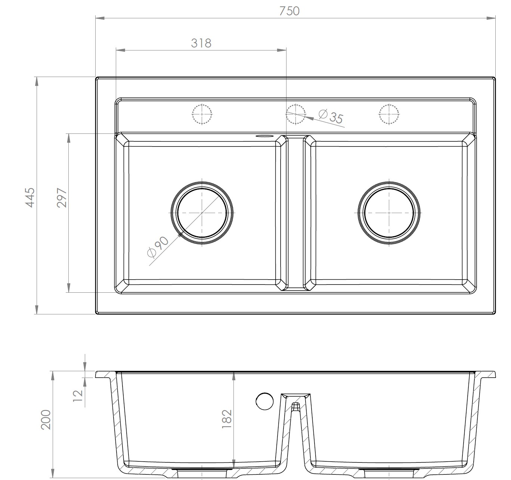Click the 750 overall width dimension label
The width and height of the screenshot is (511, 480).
[289, 11]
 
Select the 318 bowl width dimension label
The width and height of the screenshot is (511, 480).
[201, 43]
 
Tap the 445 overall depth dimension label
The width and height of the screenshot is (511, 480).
[30, 197]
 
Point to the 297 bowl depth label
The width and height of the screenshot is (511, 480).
[62, 197]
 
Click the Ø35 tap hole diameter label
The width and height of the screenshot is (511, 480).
[331, 116]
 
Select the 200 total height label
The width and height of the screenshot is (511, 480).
[46, 420]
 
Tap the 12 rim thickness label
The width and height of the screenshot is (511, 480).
[78, 396]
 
